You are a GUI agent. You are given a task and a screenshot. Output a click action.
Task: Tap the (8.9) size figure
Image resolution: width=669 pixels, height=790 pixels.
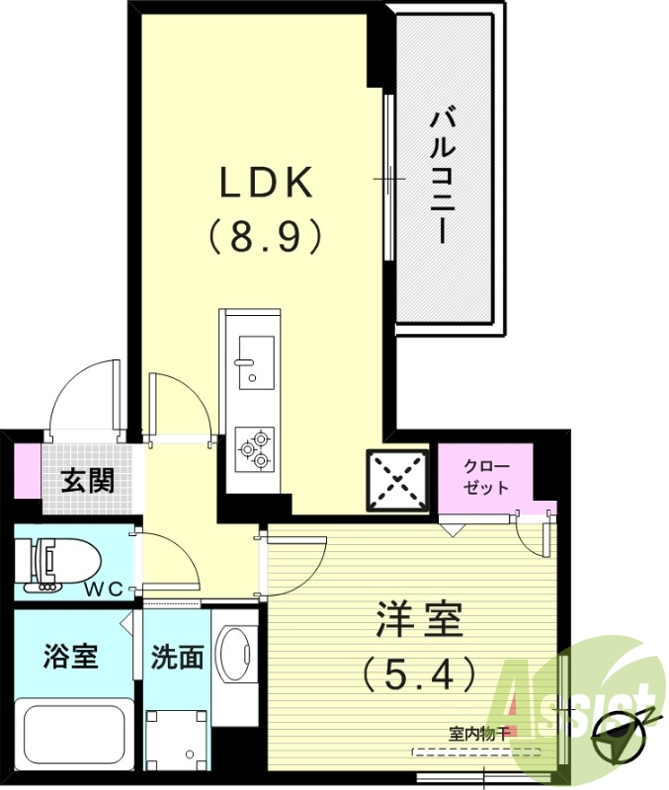pyautogui.click(x=265, y=237)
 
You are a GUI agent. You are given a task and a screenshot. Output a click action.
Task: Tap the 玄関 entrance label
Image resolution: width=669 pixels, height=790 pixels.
pyautogui.click(x=88, y=481)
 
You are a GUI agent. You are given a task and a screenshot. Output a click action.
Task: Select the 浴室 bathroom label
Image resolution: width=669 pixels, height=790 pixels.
pyautogui.click(x=71, y=657)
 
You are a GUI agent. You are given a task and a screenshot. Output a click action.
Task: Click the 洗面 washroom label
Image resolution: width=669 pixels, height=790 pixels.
pyautogui.click(x=177, y=657)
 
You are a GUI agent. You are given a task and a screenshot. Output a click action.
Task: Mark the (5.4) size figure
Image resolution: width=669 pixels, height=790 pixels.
pyautogui.click(x=419, y=675)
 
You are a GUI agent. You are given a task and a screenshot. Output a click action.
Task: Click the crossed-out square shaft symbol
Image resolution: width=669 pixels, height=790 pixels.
pyautogui.click(x=398, y=480)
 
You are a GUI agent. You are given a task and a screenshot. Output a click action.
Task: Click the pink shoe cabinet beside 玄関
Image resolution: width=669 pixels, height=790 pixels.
pyautogui.click(x=28, y=471)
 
